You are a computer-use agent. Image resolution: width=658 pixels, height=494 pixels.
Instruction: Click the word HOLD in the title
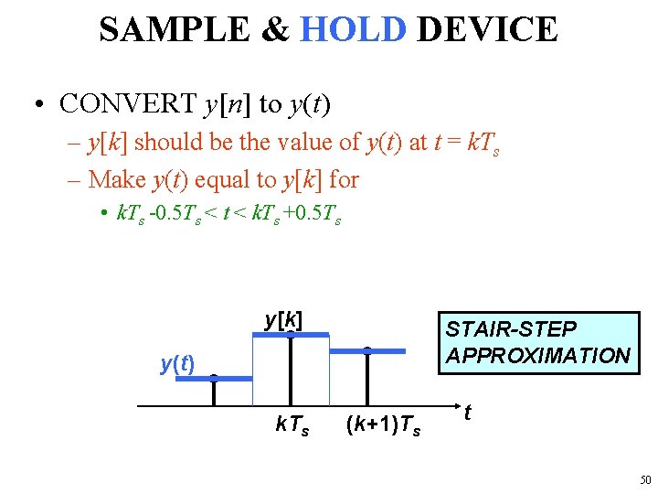coord(353,29)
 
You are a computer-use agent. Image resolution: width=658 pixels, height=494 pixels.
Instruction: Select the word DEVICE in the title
coord(486,29)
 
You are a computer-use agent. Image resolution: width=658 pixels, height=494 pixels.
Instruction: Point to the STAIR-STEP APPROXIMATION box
coord(537,342)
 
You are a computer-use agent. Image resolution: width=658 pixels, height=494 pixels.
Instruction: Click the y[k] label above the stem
coord(283,319)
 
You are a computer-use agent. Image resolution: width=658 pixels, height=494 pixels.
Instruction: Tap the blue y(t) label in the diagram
coord(176,364)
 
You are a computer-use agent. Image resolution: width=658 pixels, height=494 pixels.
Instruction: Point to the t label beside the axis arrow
coord(469,413)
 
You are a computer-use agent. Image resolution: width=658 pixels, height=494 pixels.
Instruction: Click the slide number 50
coord(645,479)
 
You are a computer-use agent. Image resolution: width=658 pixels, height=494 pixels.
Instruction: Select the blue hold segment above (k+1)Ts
coord(366,350)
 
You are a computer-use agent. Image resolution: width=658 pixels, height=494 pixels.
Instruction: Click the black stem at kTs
coord(290,370)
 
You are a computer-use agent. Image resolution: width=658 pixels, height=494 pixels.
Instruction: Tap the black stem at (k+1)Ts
coord(366,377)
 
